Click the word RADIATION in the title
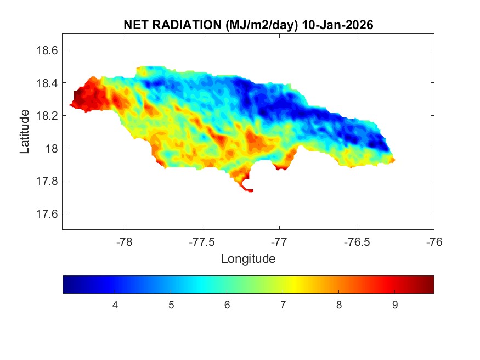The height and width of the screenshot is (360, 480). (181, 25)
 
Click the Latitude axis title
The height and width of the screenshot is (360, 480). (25, 132)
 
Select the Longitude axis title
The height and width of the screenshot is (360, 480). (248, 258)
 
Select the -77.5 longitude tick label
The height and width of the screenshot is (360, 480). (202, 241)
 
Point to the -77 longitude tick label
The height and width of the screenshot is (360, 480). (279, 241)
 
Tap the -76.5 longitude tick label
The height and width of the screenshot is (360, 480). (357, 241)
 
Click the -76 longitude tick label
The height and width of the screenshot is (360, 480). (434, 241)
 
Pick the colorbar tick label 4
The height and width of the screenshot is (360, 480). (115, 305)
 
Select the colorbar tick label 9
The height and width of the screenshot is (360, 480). (395, 305)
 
